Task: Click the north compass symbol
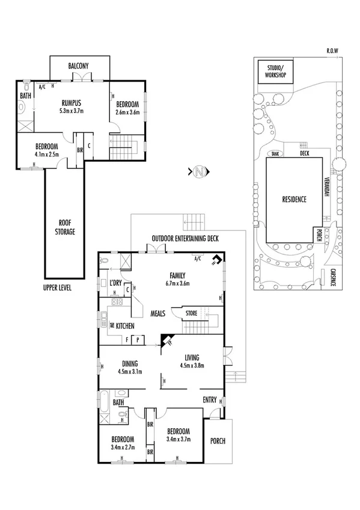point(199,173)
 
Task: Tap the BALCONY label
point(79,65)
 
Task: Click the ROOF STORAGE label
point(66,226)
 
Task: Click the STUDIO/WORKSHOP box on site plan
point(273,72)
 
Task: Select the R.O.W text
point(332,51)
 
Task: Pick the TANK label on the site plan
point(276,153)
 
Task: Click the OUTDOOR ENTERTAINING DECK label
point(185,238)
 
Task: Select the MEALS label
point(158,313)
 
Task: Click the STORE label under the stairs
point(191,313)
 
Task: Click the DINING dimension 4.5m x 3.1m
point(130,371)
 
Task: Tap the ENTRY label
point(210,399)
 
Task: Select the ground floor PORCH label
point(217,441)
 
